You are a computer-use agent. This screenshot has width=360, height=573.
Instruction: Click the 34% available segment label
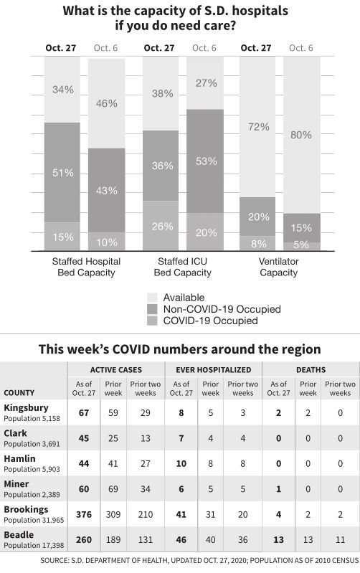pyautogui.click(x=62, y=90)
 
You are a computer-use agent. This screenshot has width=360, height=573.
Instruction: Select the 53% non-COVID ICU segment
pyautogui.click(x=206, y=161)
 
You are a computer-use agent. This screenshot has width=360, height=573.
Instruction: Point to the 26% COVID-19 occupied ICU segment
pyautogui.click(x=162, y=226)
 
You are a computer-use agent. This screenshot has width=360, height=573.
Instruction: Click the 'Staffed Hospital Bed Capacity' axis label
pyautogui.click(x=86, y=267)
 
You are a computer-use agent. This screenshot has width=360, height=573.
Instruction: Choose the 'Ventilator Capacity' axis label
pyautogui.click(x=278, y=267)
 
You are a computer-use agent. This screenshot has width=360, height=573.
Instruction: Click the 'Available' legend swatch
pyautogui.click(x=152, y=298)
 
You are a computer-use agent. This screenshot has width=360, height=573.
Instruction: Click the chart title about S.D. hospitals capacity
pyautogui.click(x=180, y=18)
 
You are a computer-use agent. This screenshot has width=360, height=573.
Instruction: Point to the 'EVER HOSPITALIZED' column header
pyautogui.click(x=214, y=369)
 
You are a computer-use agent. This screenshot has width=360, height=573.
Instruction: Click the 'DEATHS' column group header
pyautogui.click(x=310, y=369)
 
